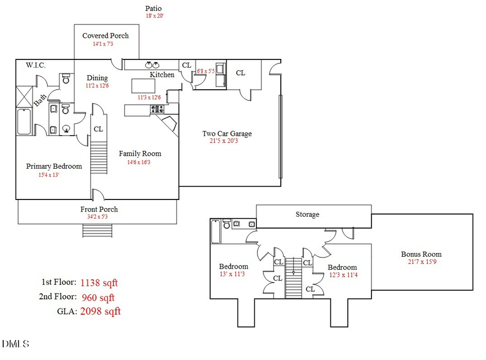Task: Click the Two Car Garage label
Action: click(227, 134)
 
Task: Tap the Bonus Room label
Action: click(421, 254)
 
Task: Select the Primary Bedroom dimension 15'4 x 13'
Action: click(54, 175)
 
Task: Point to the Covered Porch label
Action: click(105, 36)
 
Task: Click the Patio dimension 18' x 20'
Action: click(154, 16)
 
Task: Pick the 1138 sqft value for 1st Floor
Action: click(99, 282)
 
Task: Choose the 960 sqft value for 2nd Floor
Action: click(98, 297)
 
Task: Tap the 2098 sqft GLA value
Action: click(100, 311)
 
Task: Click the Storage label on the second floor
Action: click(307, 214)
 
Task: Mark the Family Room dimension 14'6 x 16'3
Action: click(140, 162)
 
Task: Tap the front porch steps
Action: click(97, 231)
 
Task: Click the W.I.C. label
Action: click(36, 65)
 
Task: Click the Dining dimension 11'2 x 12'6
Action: click(97, 86)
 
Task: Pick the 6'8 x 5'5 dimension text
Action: click(206, 71)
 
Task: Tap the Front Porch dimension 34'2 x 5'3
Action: click(99, 217)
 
